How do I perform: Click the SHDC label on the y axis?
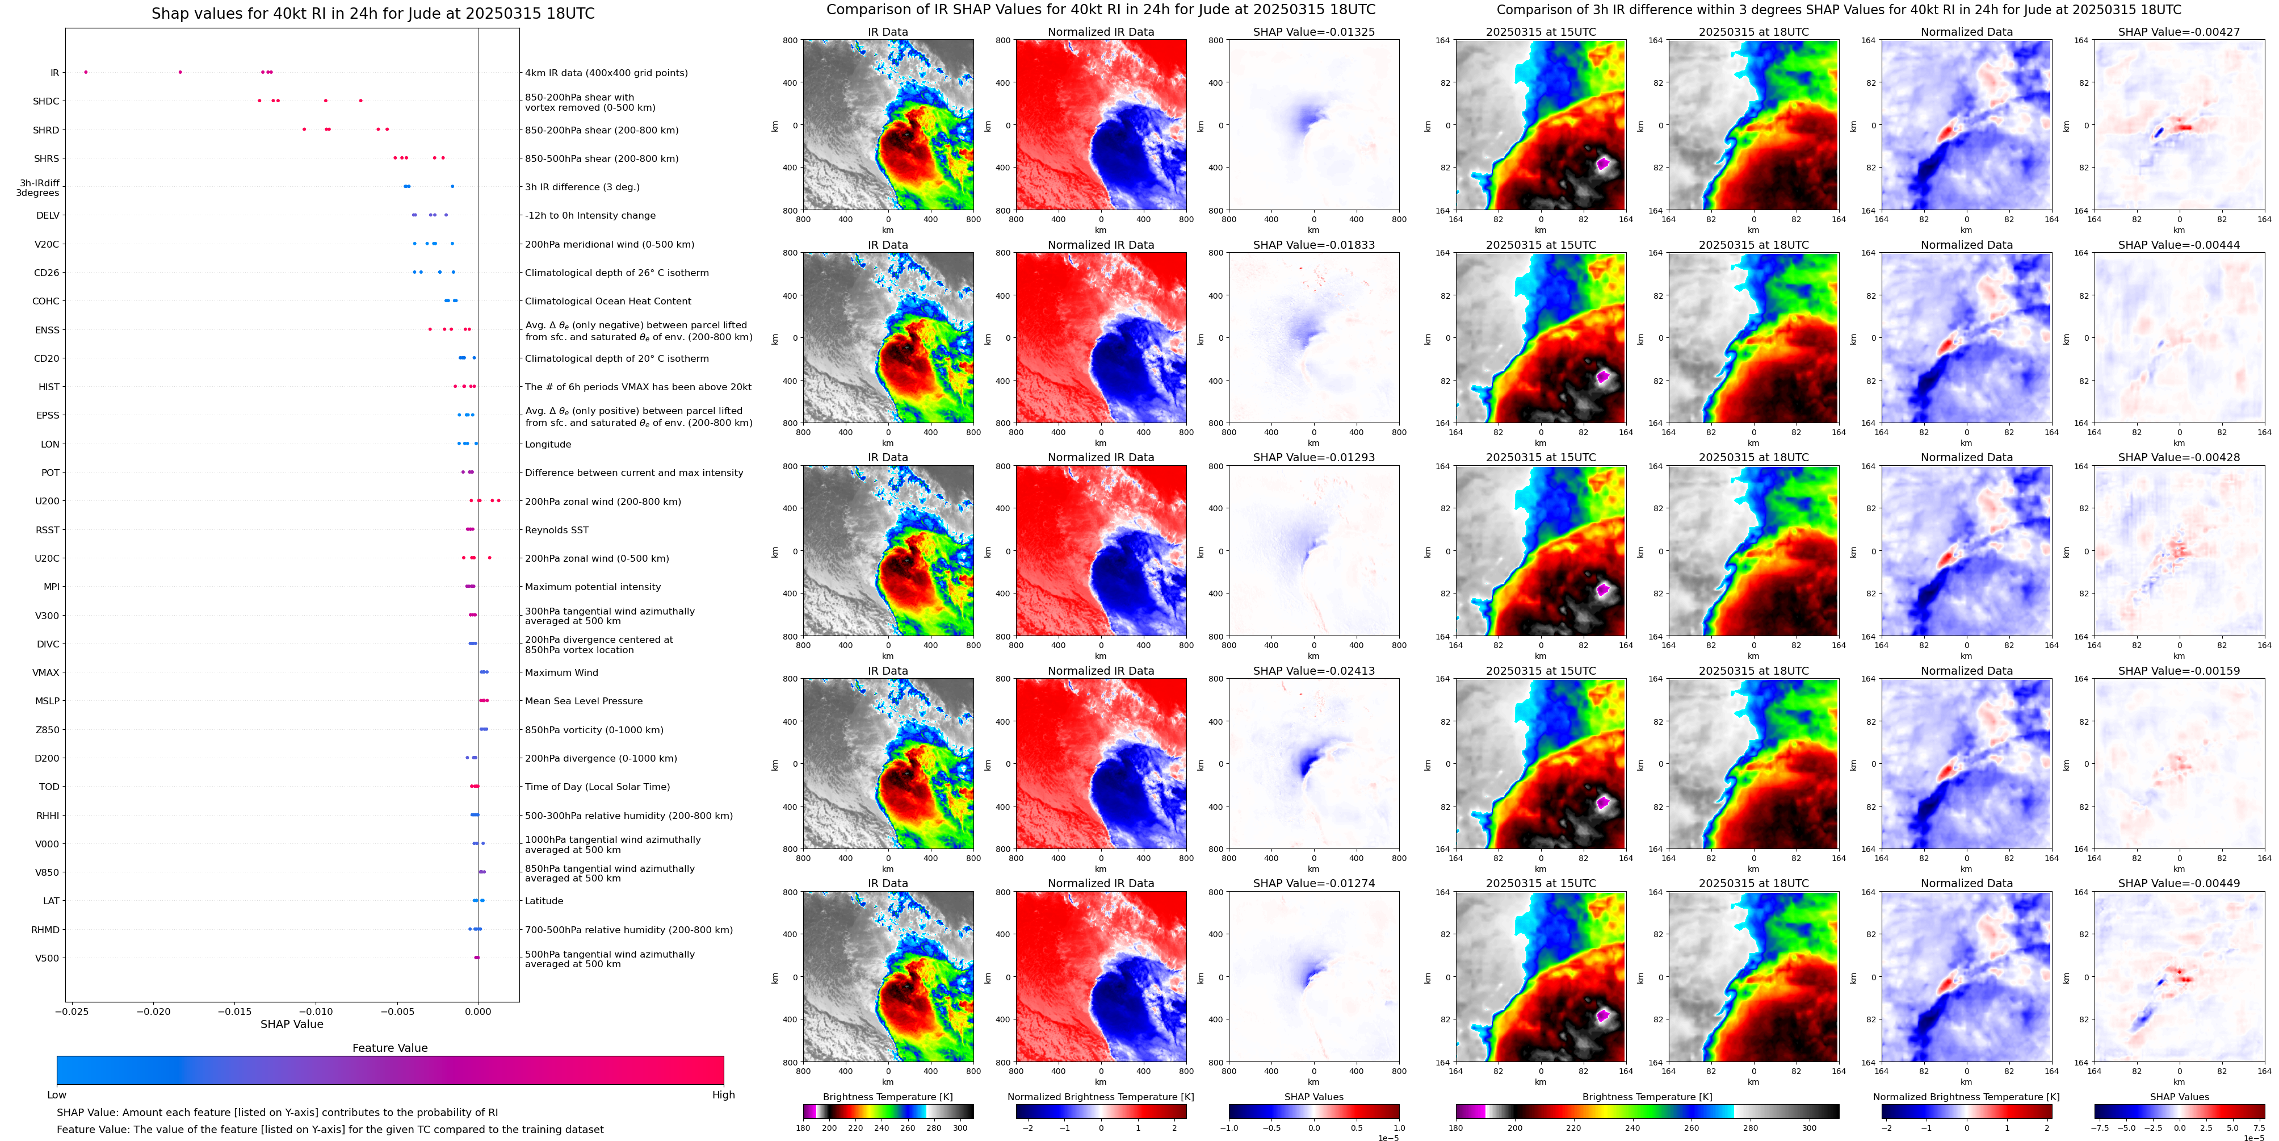[46, 102]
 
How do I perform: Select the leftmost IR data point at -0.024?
[86, 72]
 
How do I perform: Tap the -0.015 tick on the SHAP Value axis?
[236, 1011]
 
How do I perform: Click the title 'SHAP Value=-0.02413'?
[1314, 671]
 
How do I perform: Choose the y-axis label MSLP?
[47, 701]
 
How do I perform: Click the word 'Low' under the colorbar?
[57, 1095]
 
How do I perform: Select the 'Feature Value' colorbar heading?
[389, 1048]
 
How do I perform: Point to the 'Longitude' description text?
[548, 444]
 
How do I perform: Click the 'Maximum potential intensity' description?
[593, 587]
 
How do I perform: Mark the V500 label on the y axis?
[47, 958]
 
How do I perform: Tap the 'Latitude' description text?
[544, 901]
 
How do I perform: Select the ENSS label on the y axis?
[47, 330]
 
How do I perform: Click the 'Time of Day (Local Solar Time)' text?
[597, 787]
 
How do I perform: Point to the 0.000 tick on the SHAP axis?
[478, 1011]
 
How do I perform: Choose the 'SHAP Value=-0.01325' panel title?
[1314, 32]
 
